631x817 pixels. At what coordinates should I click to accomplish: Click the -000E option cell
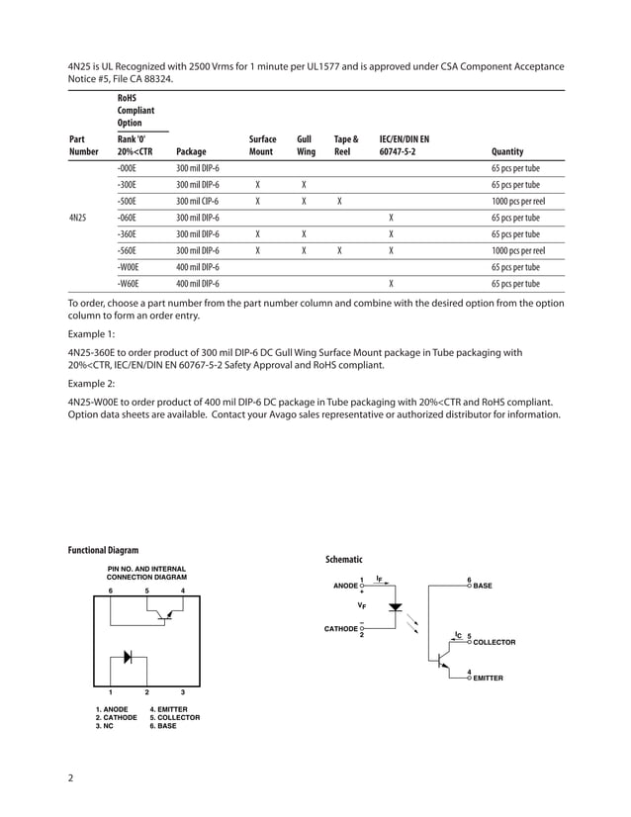[x=127, y=169]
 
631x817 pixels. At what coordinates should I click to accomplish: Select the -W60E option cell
[x=128, y=283]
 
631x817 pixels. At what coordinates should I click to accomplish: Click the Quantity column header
[x=506, y=152]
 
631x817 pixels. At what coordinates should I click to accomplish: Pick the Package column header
[x=191, y=152]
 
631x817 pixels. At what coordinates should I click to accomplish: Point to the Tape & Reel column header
[x=346, y=146]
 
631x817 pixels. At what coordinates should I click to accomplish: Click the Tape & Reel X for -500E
[x=339, y=202]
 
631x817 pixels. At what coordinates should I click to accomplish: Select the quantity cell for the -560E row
[x=518, y=250]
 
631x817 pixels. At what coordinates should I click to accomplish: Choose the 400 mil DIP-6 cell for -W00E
[x=198, y=267]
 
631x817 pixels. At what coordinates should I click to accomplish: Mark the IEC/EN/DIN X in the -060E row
[x=392, y=218]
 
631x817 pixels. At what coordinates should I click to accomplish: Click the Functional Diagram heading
[x=103, y=550]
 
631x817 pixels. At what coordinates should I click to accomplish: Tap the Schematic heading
[x=344, y=560]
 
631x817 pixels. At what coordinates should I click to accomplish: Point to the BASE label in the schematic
[x=483, y=587]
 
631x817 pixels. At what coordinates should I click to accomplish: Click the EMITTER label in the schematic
[x=489, y=679]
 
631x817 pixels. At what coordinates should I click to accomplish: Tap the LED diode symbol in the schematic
[x=396, y=606]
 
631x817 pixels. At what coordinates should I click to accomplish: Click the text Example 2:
[x=91, y=382]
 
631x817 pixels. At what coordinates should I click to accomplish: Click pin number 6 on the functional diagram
[x=110, y=590]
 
